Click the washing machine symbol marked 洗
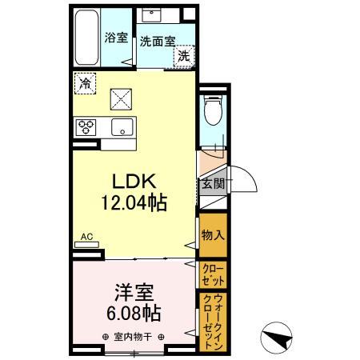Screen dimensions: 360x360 [184, 56]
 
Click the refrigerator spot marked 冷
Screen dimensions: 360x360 [85, 83]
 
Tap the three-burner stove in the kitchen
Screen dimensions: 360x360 [86, 126]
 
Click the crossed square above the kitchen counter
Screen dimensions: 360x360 [122, 99]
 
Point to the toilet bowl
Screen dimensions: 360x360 [213, 112]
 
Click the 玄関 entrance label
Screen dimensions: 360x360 [212, 183]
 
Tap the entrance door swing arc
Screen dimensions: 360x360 [242, 182]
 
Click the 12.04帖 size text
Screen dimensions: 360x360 [132, 204]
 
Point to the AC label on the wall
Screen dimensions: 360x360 [87, 238]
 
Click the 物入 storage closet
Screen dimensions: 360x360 [212, 235]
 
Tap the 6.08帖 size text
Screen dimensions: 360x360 [132, 313]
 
